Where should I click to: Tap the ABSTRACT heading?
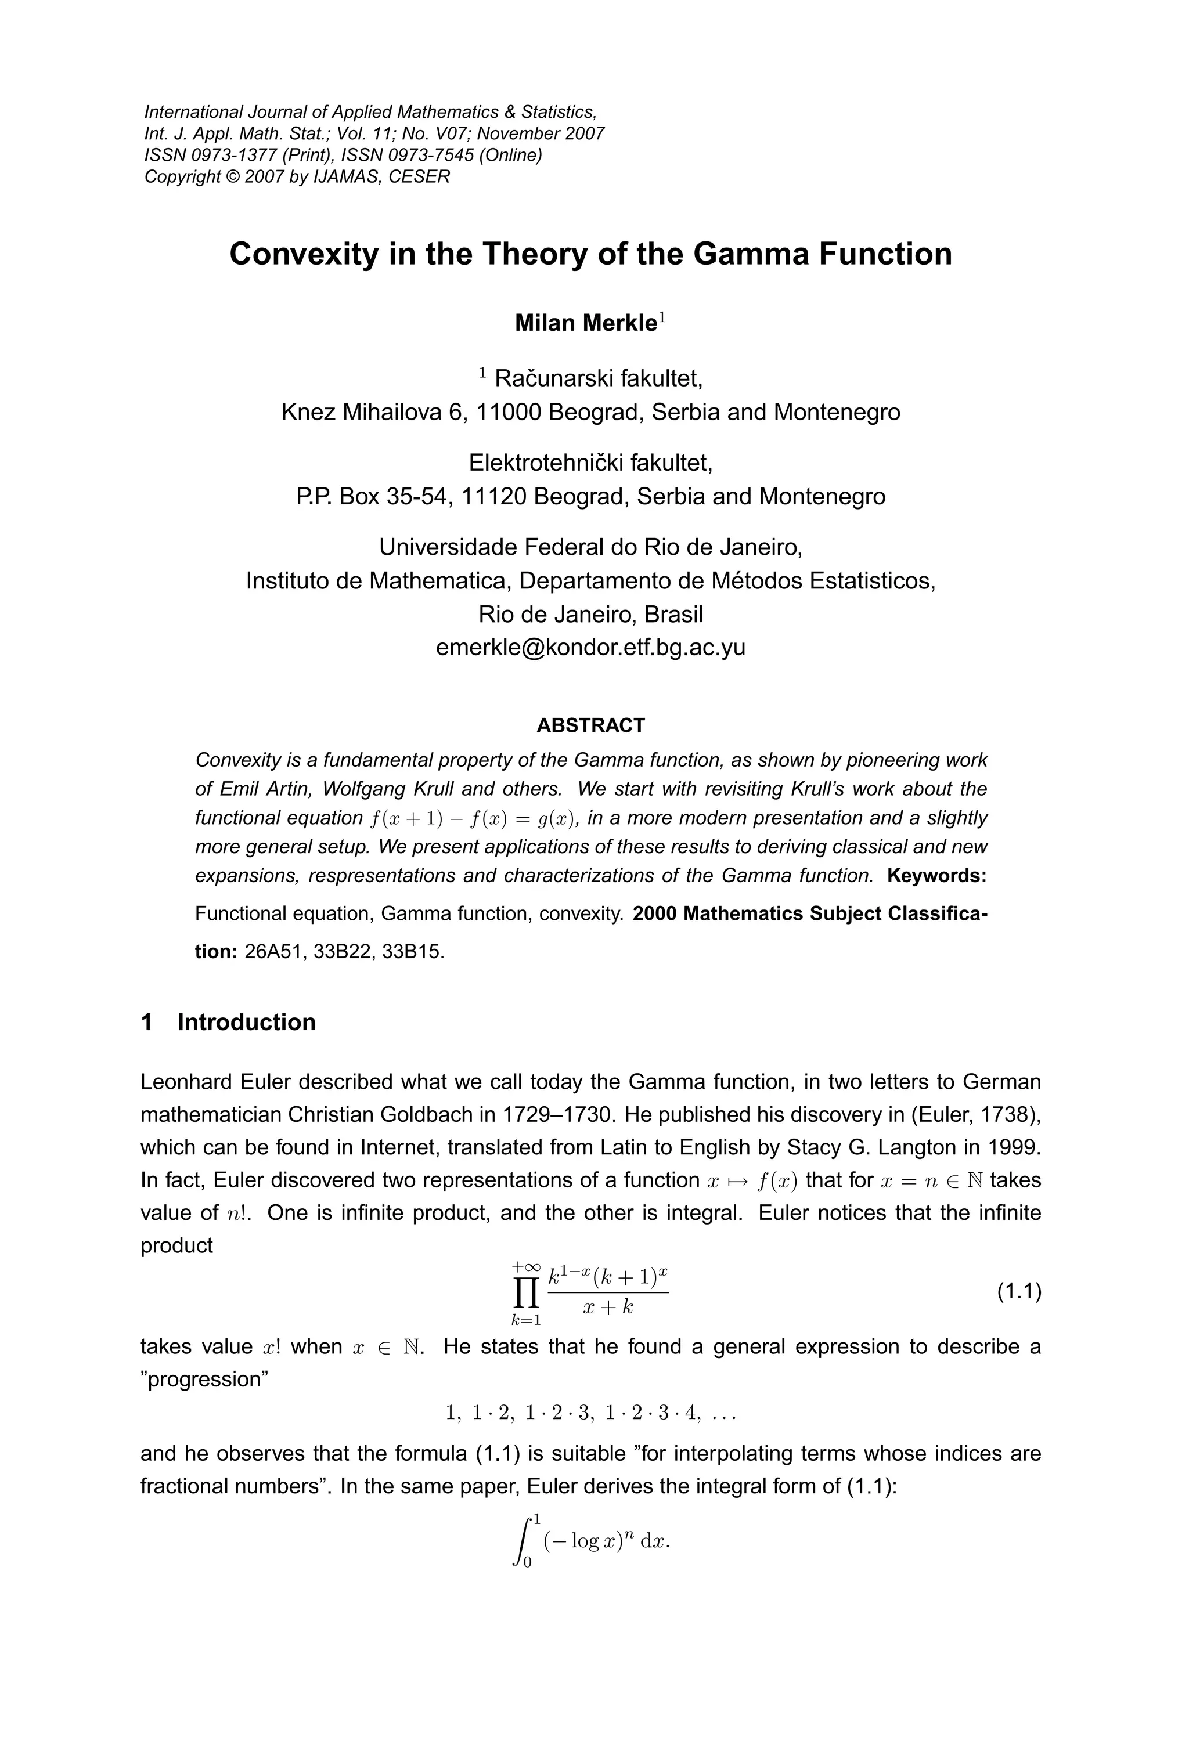tap(590, 725)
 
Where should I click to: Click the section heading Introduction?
tap(246, 1022)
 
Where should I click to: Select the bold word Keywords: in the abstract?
tap(936, 875)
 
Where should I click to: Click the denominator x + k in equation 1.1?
tap(607, 1307)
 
